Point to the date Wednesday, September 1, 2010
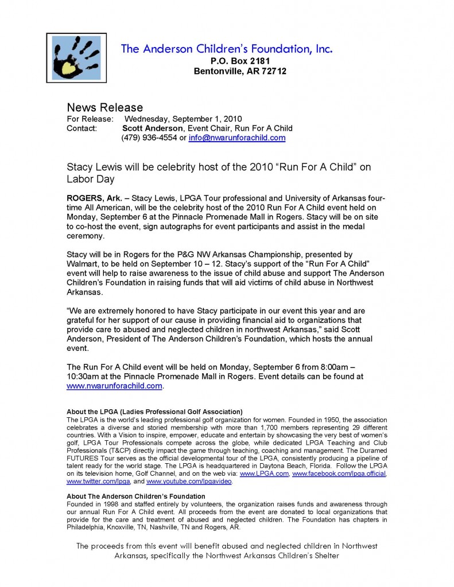179,119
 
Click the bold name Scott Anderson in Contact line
153,128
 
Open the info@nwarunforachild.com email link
236,138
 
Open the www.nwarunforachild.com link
114,386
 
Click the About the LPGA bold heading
154,412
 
